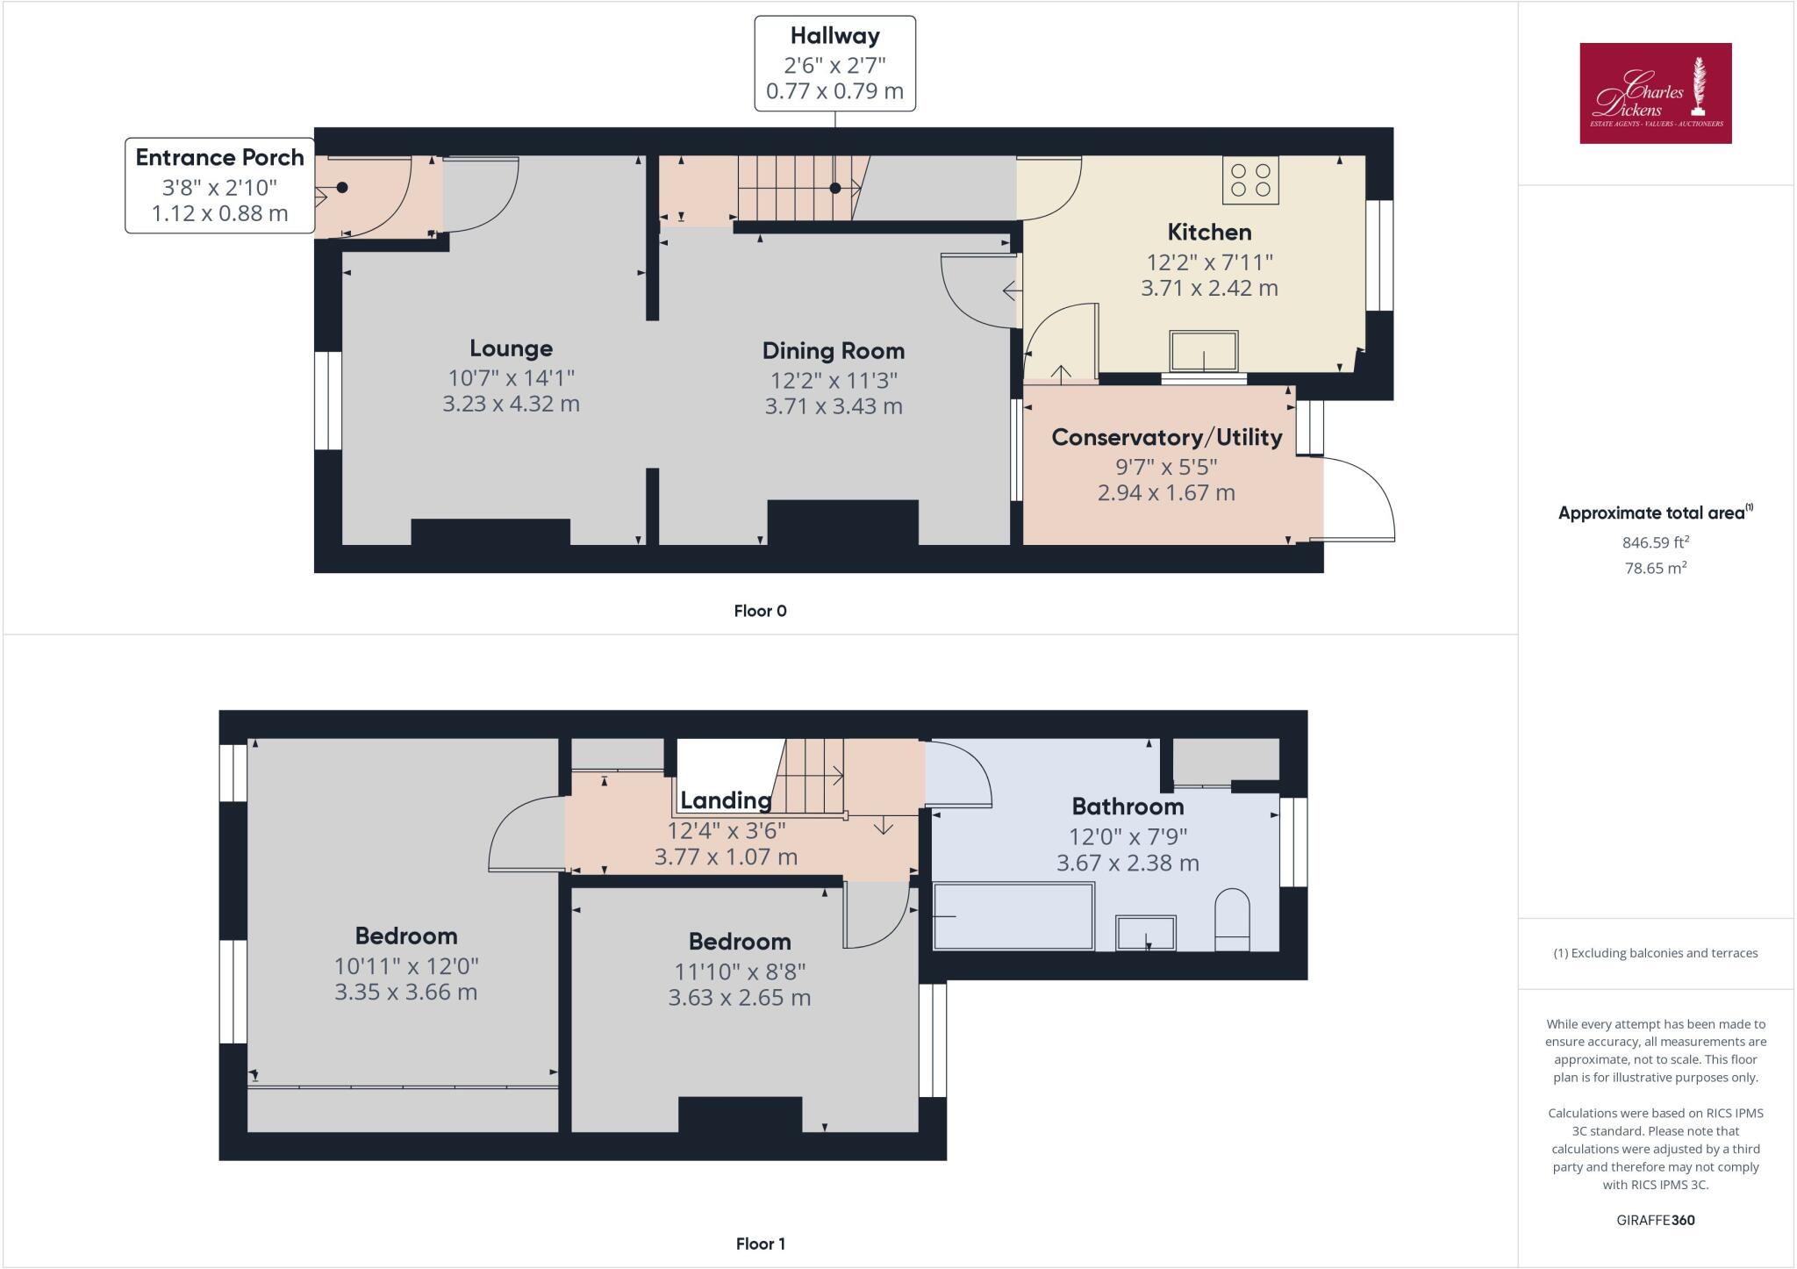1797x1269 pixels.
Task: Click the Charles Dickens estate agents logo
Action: pyautogui.click(x=1655, y=93)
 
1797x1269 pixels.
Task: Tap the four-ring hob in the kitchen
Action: pyautogui.click(x=1250, y=180)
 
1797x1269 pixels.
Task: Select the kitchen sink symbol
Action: pyautogui.click(x=1204, y=351)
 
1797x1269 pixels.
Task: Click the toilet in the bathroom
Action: pyautogui.click(x=1232, y=920)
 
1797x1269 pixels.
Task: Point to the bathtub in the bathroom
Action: pyautogui.click(x=1013, y=916)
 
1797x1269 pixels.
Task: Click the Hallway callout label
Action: pyautogui.click(x=834, y=63)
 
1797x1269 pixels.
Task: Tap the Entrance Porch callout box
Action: pyautogui.click(x=219, y=185)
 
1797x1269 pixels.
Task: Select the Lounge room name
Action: pyautogui.click(x=511, y=348)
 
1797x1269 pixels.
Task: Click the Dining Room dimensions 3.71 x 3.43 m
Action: pyautogui.click(x=833, y=406)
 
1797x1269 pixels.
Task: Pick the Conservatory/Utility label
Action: pyautogui.click(x=1166, y=437)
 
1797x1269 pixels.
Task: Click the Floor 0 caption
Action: pyautogui.click(x=760, y=611)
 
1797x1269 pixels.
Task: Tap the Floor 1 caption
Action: pyautogui.click(x=760, y=1244)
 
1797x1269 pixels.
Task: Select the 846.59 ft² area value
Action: pyautogui.click(x=1655, y=542)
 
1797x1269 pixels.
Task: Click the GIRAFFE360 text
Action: pyautogui.click(x=1655, y=1220)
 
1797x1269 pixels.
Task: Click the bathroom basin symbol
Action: pyautogui.click(x=1145, y=932)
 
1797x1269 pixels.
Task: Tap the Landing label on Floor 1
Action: pyautogui.click(x=726, y=800)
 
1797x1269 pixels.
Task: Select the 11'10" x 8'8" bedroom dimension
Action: pyautogui.click(x=739, y=971)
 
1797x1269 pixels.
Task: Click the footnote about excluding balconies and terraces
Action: pyautogui.click(x=1655, y=953)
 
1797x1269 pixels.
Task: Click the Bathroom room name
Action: pyautogui.click(x=1128, y=807)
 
